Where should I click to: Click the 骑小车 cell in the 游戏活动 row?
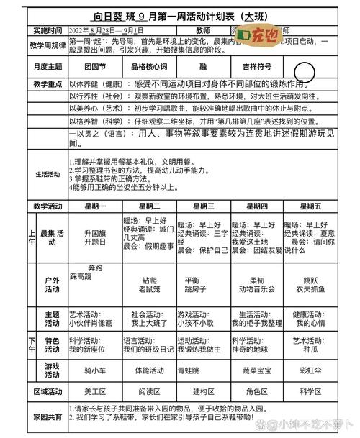pyautogui.click(x=95, y=370)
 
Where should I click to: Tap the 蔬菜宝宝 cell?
pyautogui.click(x=257, y=370)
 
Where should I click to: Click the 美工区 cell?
pyautogui.click(x=95, y=391)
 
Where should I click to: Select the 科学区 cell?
pyautogui.click(x=310, y=391)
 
